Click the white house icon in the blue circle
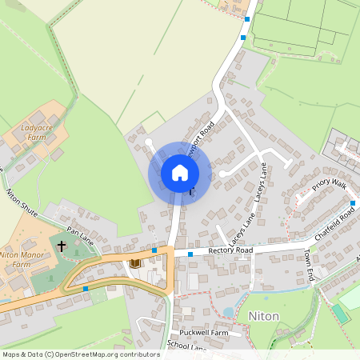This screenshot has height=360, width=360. [180, 173]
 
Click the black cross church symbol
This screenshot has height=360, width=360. [62, 246]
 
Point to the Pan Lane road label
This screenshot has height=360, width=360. [81, 234]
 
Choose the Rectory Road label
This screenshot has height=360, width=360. [230, 250]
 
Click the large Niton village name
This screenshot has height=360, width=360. [264, 316]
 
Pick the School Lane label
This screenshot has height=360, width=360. [186, 346]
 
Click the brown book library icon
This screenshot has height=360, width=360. [134, 262]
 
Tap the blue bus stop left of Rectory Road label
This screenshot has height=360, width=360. [190, 254]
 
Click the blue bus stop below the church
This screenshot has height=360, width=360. [86, 288]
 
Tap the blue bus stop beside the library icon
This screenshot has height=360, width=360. [154, 250]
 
